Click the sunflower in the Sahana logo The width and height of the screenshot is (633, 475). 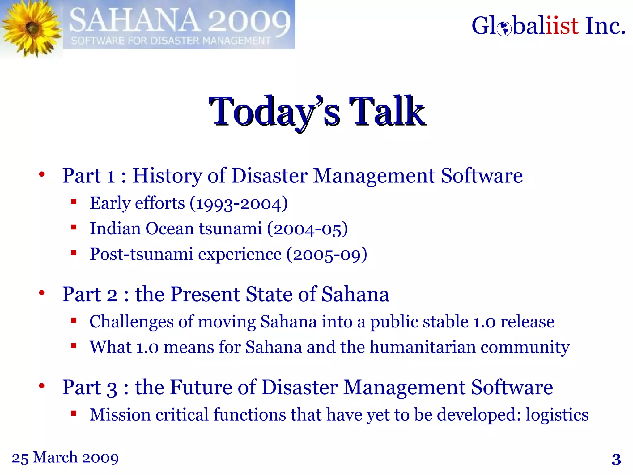click(31, 28)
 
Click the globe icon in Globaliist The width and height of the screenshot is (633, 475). click(504, 28)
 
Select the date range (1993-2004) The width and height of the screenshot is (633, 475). click(239, 203)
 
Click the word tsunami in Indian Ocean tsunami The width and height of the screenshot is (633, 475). click(230, 229)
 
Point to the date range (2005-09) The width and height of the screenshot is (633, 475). click(327, 255)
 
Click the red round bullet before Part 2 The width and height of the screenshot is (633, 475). click(42, 293)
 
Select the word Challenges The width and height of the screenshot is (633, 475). click(131, 322)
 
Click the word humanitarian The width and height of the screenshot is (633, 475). click(423, 347)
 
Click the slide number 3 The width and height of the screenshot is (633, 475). click(616, 460)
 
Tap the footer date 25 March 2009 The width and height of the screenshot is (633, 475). click(65, 458)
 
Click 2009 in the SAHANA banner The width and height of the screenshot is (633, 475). click(249, 21)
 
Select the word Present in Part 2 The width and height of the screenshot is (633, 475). click(205, 294)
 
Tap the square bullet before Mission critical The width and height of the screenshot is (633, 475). click(74, 413)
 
